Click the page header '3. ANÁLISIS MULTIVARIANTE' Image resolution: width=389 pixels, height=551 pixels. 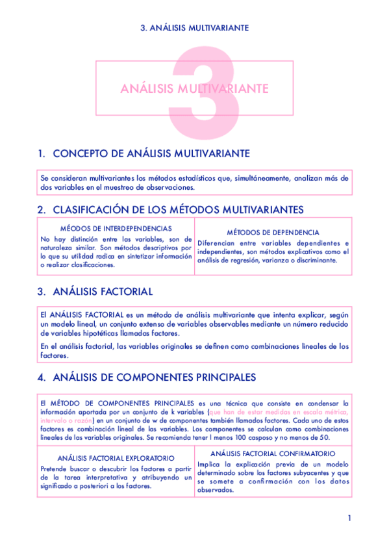[x=195, y=28]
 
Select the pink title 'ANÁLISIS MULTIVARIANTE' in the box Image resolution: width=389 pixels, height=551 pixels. [x=194, y=88]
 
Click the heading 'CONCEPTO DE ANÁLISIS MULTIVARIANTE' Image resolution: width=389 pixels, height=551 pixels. [x=151, y=153]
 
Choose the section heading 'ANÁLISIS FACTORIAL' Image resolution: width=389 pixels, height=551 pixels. [x=102, y=292]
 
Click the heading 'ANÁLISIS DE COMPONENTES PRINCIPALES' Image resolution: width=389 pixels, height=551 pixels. [x=154, y=377]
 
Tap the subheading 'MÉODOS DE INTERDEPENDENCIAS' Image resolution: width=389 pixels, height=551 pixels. [x=116, y=229]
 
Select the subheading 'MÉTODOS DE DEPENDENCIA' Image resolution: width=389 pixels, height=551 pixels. [x=273, y=232]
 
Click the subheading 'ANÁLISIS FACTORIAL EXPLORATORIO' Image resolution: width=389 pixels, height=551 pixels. [x=116, y=458]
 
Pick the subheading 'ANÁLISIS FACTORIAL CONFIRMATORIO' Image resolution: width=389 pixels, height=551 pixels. [x=273, y=453]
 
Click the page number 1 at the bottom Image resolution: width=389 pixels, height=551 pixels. [x=349, y=518]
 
